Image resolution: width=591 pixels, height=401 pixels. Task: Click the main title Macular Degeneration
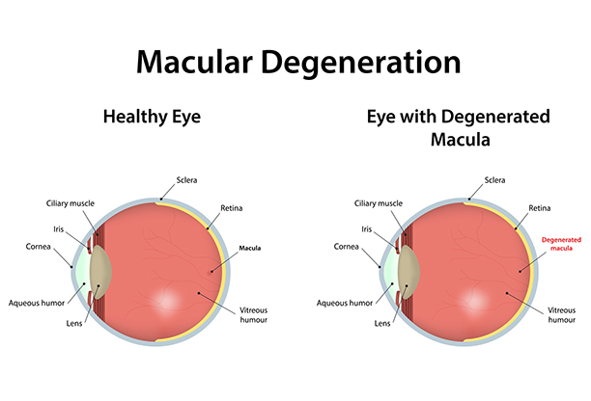(298, 63)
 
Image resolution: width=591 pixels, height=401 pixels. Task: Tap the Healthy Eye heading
(152, 117)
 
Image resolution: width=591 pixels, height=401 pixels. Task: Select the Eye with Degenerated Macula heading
(459, 128)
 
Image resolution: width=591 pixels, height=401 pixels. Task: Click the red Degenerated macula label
(561, 244)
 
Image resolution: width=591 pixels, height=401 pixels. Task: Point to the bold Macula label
(250, 249)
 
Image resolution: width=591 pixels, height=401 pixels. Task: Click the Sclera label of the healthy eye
(187, 180)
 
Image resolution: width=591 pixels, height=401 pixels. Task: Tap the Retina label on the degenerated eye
(540, 208)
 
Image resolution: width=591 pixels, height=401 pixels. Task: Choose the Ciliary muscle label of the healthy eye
(70, 203)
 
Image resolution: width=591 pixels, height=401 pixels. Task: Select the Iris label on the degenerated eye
(367, 229)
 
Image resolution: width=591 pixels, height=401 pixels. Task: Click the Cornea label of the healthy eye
(38, 247)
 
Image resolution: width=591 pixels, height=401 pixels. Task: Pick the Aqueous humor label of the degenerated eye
(345, 303)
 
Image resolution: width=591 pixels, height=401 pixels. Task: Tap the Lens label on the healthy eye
(74, 323)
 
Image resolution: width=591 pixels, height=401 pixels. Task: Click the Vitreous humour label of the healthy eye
(254, 315)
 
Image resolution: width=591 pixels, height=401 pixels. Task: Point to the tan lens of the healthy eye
(100, 272)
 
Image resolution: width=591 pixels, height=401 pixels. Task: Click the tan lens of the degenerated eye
(408, 272)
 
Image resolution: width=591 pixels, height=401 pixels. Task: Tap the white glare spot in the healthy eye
(168, 300)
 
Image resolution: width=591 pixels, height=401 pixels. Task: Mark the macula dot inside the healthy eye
(211, 271)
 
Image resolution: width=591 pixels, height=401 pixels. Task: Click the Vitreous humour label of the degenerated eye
(562, 315)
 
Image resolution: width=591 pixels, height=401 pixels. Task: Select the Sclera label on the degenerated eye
(494, 180)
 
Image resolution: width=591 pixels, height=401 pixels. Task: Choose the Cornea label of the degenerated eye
(347, 247)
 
